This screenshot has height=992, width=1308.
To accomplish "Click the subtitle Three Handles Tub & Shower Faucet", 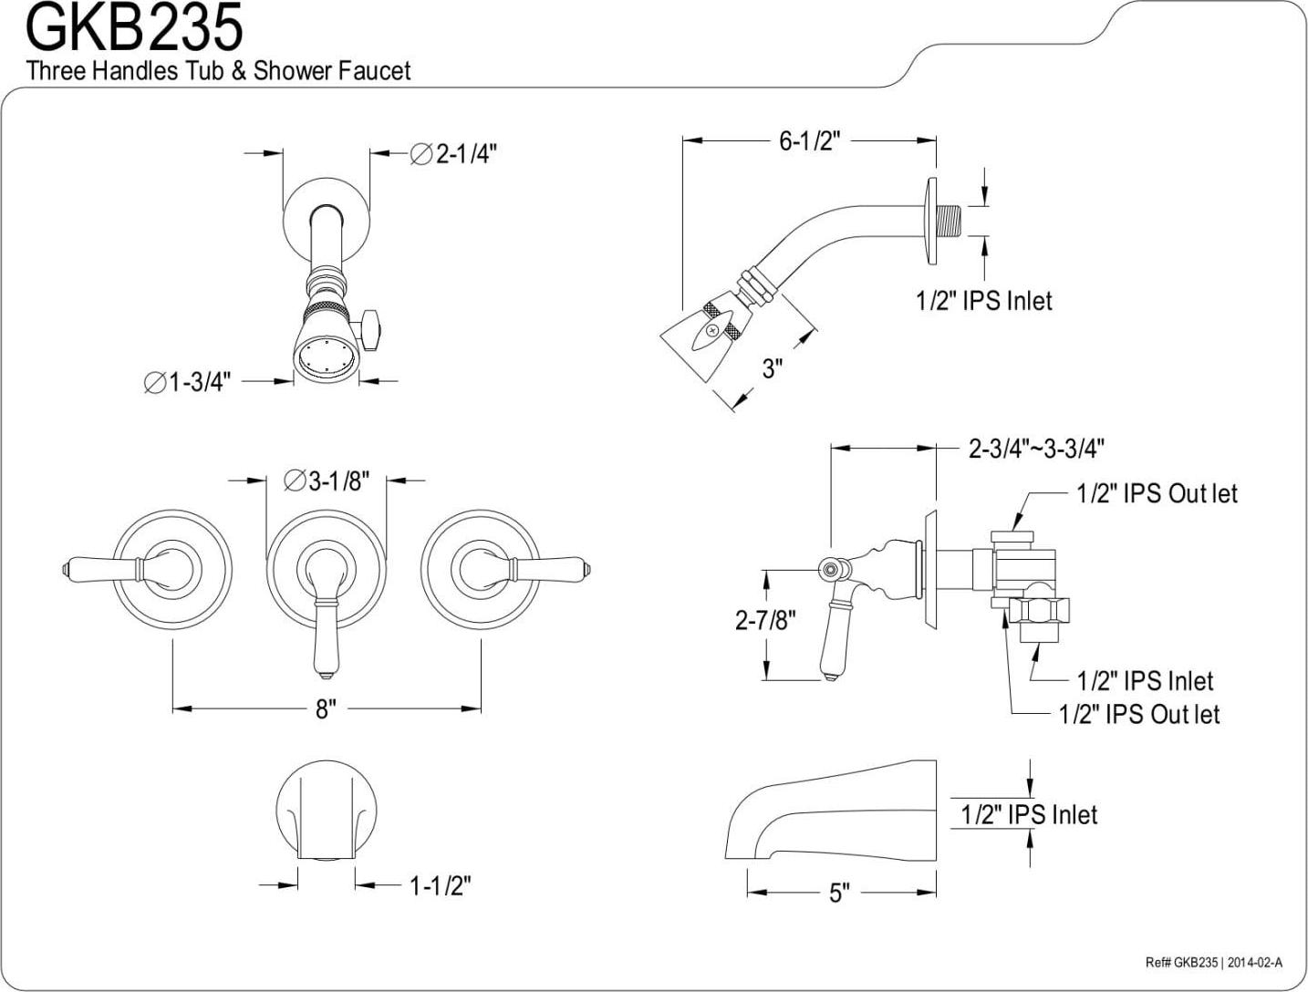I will (218, 70).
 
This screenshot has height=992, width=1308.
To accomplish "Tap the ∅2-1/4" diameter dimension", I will (454, 154).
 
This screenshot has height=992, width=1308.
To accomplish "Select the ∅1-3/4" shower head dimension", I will (188, 382).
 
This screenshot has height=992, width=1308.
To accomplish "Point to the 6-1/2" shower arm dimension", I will (809, 141).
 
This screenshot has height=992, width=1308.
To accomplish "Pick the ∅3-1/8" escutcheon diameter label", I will (327, 480).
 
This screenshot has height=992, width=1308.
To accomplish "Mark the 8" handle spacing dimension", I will (327, 708).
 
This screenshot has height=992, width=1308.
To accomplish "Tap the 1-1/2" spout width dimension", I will (440, 884).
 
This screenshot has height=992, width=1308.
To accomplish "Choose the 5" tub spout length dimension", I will (839, 893).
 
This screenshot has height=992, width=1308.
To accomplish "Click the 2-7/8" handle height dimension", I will (765, 620).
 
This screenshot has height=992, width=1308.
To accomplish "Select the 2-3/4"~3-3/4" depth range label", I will (1036, 449).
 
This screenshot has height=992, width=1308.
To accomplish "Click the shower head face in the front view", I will (327, 356).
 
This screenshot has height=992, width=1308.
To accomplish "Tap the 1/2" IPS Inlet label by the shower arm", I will (983, 300).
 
